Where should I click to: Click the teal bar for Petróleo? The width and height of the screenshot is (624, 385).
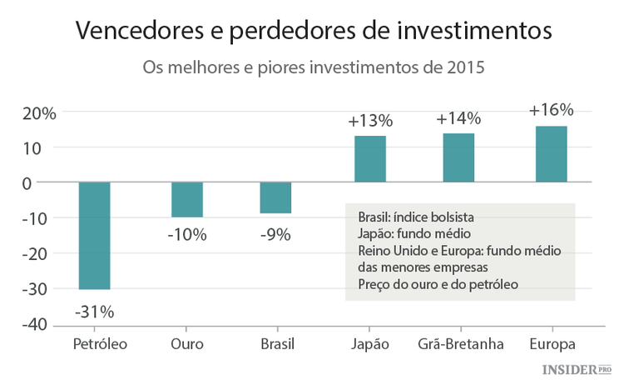point(94,236)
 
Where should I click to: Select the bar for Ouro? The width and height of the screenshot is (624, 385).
point(187,199)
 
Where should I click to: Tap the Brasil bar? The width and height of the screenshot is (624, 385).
point(275,197)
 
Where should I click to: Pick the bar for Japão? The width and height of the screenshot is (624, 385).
point(370,158)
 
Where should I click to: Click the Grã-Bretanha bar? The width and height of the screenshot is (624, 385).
point(458,157)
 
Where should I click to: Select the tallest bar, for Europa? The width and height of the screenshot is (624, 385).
point(551,154)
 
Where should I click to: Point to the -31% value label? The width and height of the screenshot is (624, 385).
point(94,312)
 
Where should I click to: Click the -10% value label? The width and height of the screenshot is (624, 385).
point(187,235)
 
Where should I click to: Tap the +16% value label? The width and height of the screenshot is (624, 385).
point(551,110)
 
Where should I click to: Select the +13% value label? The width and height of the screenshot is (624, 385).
point(370,121)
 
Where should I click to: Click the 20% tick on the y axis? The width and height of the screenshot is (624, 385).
point(38,112)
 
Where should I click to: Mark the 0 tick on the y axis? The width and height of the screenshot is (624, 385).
point(49,182)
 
